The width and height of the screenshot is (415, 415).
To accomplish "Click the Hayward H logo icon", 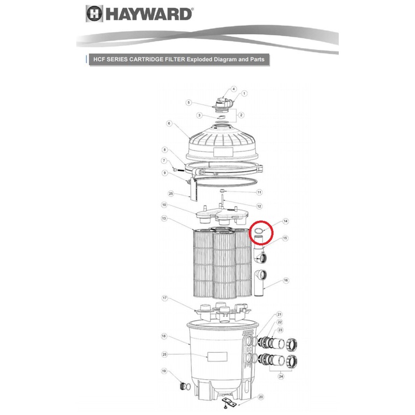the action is (94, 14).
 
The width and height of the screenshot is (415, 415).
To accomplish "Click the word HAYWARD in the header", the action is (148, 15).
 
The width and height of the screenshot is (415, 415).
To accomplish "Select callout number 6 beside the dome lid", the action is (170, 123).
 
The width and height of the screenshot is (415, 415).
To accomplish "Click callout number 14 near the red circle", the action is (286, 221).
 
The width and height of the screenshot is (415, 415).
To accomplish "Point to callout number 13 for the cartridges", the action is (164, 218).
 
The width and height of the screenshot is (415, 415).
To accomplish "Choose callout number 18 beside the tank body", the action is (164, 336).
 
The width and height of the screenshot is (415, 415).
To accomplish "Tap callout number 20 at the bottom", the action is (261, 397).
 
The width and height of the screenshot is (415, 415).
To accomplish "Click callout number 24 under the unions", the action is (281, 376).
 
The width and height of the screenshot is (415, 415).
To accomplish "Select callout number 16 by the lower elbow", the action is (286, 280).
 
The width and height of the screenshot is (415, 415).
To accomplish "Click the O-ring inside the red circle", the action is (257, 231).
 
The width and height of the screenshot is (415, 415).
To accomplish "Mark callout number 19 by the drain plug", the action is (164, 371).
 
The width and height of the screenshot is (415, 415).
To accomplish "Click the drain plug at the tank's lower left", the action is (183, 386).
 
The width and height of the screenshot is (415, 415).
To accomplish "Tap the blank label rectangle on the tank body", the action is (217, 356).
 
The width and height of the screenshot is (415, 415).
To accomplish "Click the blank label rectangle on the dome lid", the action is (223, 152).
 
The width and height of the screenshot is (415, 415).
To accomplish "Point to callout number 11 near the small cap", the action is (259, 192).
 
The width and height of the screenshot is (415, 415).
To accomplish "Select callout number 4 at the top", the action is (233, 89).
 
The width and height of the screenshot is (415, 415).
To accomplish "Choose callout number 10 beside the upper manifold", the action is (164, 205).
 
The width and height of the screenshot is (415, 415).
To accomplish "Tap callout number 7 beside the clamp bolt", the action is (164, 161).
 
